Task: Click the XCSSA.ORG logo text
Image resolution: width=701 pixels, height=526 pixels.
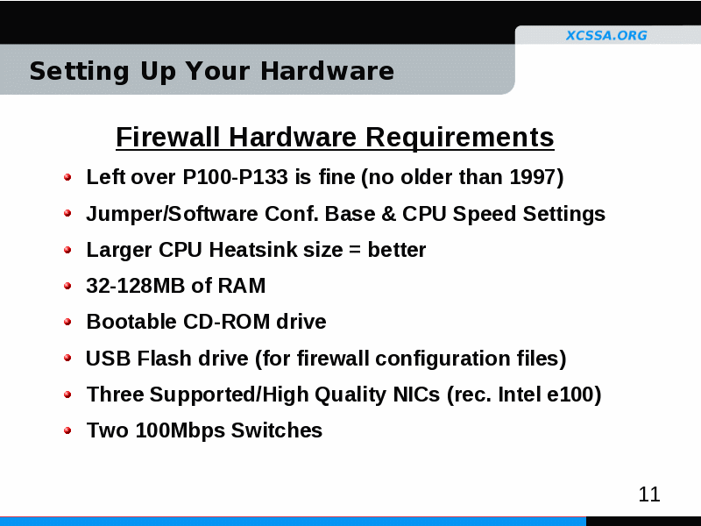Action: click(x=606, y=35)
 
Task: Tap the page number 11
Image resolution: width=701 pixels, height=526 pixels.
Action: click(x=649, y=494)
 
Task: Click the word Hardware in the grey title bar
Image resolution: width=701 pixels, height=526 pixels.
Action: click(x=327, y=71)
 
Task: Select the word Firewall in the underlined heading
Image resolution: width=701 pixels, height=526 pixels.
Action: click(x=168, y=137)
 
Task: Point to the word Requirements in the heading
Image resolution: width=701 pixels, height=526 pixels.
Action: click(x=460, y=138)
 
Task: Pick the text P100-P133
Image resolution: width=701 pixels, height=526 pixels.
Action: click(x=235, y=177)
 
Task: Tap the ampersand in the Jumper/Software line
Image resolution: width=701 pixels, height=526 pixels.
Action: click(x=388, y=214)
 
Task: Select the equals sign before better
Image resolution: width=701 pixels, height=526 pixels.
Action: click(x=355, y=250)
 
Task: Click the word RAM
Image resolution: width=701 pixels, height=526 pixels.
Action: click(x=242, y=286)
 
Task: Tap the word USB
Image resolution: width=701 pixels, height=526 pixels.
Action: click(x=108, y=359)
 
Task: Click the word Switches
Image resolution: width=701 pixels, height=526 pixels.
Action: click(x=276, y=430)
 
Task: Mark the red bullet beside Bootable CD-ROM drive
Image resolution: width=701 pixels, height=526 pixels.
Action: click(x=67, y=322)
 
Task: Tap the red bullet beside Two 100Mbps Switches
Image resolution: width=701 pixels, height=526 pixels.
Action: click(x=67, y=430)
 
